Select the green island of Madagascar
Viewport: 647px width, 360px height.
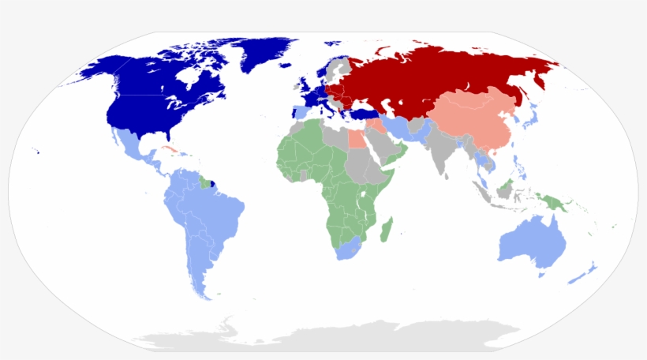click(x=386, y=231)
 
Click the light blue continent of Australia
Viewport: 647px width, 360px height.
click(x=533, y=241)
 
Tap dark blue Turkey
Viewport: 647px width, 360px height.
click(x=364, y=114)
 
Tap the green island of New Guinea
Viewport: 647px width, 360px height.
click(x=553, y=201)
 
